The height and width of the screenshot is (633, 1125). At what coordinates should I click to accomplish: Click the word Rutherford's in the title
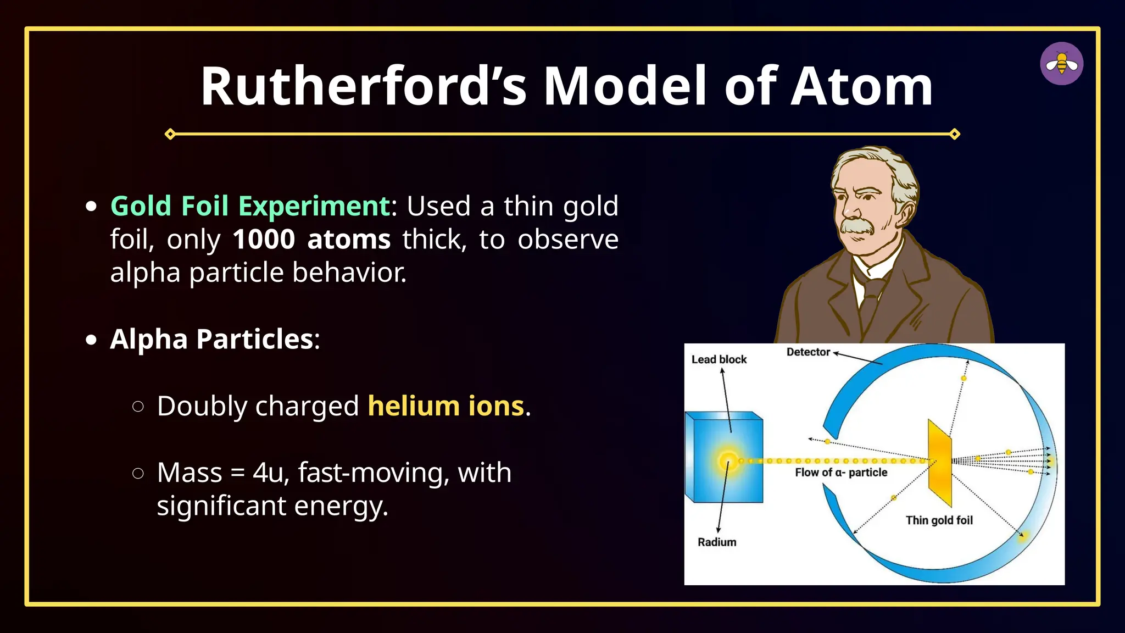[363, 86]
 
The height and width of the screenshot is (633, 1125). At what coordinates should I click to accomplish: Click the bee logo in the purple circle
[1061, 64]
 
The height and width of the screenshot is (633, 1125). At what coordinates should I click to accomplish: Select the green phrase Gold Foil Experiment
[250, 207]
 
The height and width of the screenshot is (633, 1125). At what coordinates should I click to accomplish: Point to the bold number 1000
[264, 240]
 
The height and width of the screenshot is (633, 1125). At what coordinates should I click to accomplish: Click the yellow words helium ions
[445, 406]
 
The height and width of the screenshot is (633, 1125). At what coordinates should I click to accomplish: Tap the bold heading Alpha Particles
[211, 339]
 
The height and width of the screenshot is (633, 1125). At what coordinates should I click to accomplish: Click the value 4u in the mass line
[268, 473]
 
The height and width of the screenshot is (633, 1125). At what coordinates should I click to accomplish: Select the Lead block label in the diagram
[719, 359]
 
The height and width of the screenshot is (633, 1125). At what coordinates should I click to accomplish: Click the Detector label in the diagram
[807, 352]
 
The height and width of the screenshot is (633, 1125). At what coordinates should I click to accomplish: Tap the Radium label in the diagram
[716, 542]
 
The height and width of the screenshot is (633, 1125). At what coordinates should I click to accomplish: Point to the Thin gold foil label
[939, 520]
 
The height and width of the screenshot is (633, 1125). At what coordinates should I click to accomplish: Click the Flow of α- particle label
[840, 473]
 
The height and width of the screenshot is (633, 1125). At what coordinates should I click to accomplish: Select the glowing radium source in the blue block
[728, 460]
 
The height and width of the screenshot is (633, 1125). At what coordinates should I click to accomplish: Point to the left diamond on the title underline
[170, 134]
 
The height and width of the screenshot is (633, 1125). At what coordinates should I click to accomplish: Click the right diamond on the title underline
[955, 134]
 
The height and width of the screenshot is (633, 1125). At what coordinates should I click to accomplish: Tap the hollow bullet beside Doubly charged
[138, 407]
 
